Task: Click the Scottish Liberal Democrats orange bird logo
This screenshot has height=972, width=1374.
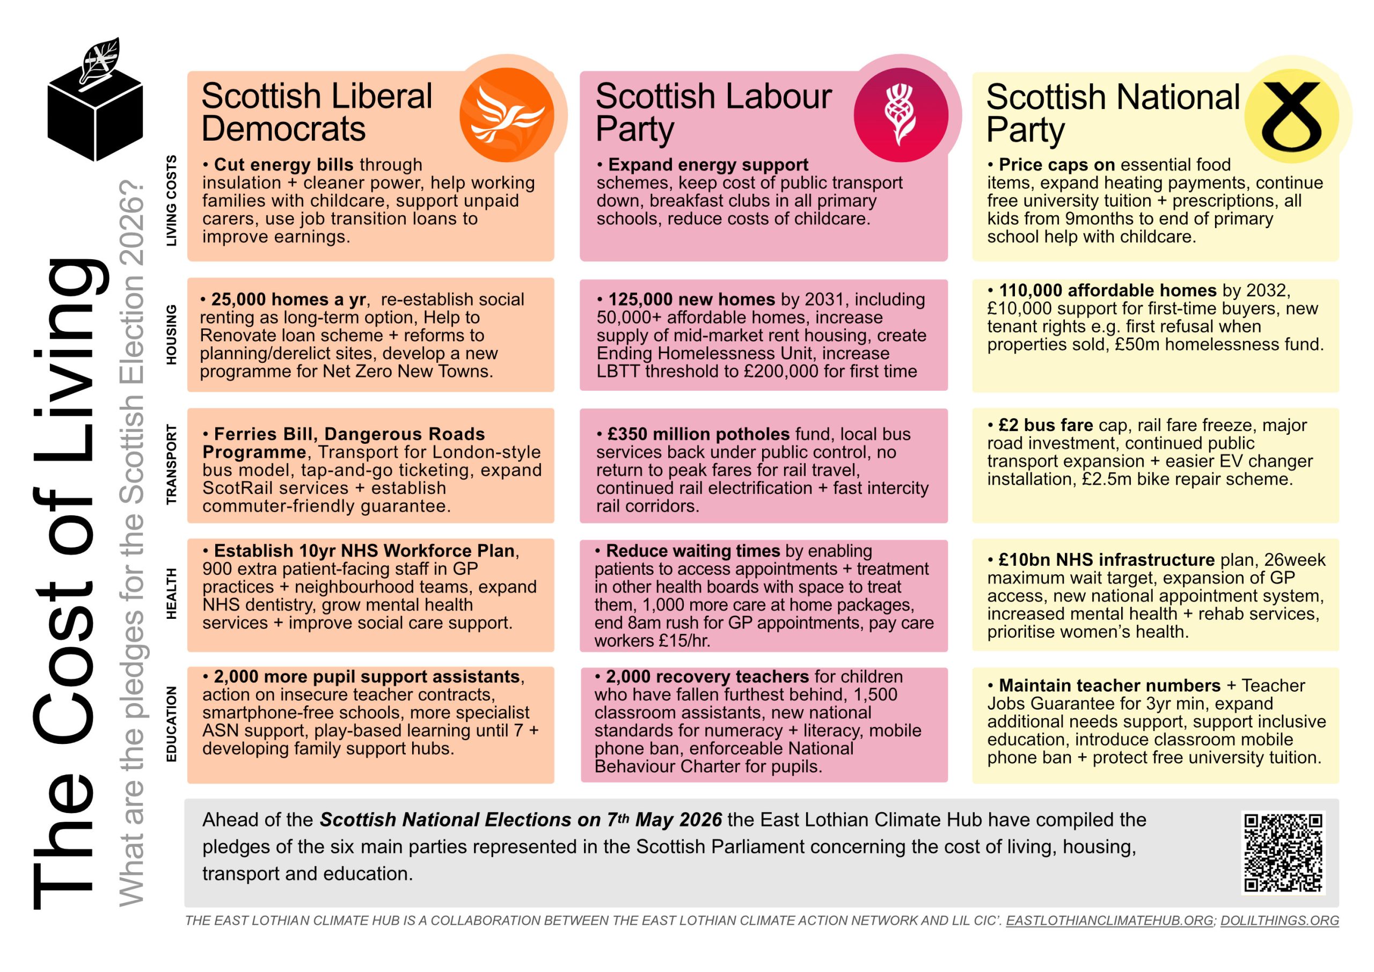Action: pos(506,115)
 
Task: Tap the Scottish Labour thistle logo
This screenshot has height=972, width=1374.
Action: pos(900,115)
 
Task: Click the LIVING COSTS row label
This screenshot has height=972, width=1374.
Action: pos(172,201)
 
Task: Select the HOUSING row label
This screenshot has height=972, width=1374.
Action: pos(172,334)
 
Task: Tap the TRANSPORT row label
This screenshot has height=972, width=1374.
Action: pos(172,464)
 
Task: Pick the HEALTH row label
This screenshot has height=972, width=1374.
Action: pos(172,594)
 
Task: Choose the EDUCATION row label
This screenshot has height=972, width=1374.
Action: pos(172,723)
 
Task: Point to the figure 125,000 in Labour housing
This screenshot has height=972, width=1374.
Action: pos(638,299)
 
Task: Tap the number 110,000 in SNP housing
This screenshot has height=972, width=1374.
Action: pos(1029,290)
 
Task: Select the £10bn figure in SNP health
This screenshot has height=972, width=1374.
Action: pos(1024,560)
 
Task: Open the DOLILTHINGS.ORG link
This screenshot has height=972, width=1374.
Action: pos(1280,920)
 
